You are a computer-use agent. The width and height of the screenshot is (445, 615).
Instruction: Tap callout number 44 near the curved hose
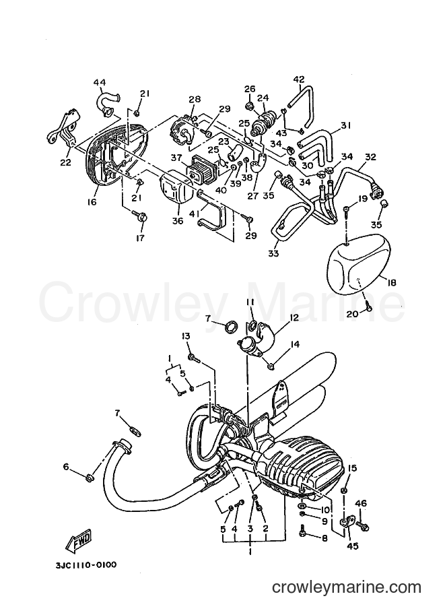click(x=100, y=82)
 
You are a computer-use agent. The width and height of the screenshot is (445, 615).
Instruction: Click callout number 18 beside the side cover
click(x=391, y=282)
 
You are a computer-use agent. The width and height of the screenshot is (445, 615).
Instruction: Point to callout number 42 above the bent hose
click(x=299, y=79)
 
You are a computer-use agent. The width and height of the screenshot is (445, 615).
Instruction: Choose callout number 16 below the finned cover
click(x=92, y=202)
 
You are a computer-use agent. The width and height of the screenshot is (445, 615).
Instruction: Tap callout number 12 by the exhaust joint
click(x=294, y=317)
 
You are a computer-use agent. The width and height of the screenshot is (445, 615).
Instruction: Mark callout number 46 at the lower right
click(x=361, y=503)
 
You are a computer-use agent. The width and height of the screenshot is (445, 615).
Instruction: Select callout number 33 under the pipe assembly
click(x=273, y=253)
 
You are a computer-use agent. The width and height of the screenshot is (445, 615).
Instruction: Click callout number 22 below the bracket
click(x=65, y=162)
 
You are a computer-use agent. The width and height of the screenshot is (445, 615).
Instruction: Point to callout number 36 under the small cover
click(x=178, y=221)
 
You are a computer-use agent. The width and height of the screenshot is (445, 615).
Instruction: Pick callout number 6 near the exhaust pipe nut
click(x=66, y=466)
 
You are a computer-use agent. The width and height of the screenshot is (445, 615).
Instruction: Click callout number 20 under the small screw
click(x=353, y=314)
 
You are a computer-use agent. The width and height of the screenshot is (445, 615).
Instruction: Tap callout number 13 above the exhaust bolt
click(x=186, y=335)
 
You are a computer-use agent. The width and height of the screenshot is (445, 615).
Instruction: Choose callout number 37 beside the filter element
click(x=176, y=157)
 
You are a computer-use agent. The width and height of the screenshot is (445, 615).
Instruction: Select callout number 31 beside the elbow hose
click(x=346, y=125)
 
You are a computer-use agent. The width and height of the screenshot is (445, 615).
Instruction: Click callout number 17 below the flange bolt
click(x=140, y=238)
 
